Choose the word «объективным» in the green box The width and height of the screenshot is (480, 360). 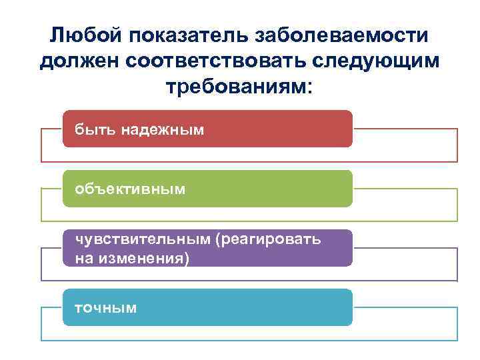coord(130,189)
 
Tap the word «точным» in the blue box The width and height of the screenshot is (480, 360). coord(106,307)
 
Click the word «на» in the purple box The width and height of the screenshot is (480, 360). coord(85,257)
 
